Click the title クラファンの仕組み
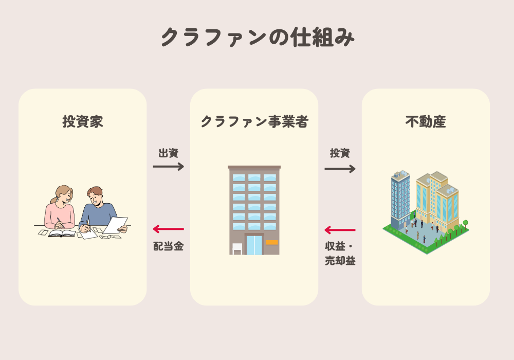tap(257, 38)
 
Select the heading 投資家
tap(83, 122)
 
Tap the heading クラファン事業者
tap(254, 122)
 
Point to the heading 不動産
tap(426, 122)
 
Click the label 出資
tap(168, 153)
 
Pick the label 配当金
tap(168, 246)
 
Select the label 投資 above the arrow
tap(340, 153)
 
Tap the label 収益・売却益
tap(340, 253)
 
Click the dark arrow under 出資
tap(168, 166)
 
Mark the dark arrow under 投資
tap(340, 169)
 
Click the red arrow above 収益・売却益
tap(340, 230)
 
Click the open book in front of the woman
tap(62, 233)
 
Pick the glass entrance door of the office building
tap(254, 245)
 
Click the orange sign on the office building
tap(271, 242)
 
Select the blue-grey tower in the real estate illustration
tap(400, 198)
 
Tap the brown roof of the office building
tap(254, 167)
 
